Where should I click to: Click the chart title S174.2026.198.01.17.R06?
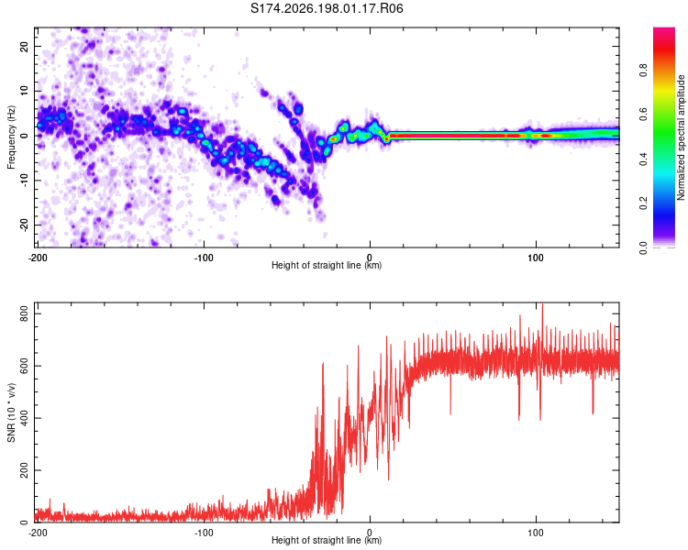(327, 8)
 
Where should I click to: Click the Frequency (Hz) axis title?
(11, 137)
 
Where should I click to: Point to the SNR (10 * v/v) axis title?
(11, 412)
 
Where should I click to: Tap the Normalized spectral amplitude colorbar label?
(681, 137)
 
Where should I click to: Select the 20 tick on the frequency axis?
(24, 47)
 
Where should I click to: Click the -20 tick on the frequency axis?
(24, 225)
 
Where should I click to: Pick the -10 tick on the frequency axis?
(24, 181)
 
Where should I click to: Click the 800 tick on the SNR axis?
(24, 313)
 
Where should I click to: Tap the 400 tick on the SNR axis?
(24, 418)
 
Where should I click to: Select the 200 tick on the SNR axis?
(24, 470)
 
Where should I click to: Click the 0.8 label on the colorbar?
(643, 71)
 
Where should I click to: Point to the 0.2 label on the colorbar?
(643, 203)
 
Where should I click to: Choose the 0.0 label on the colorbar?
(643, 247)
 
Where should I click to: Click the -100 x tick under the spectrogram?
(203, 258)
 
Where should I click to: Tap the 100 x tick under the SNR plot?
(536, 533)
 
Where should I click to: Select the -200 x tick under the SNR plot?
(38, 533)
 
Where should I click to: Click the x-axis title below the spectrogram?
(327, 265)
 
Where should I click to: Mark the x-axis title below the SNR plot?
(327, 540)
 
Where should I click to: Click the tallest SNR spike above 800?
(543, 304)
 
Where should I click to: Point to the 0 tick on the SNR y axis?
(24, 522)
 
